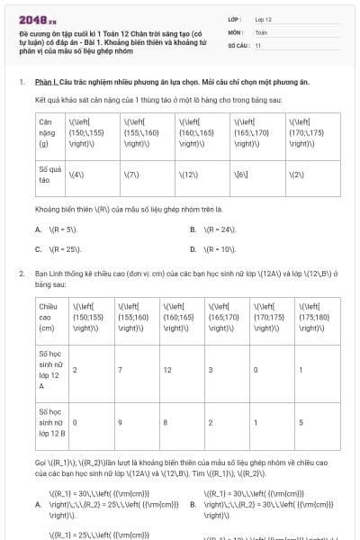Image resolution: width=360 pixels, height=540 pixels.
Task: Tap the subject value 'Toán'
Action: click(262, 31)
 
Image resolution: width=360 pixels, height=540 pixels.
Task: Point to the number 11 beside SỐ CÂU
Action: click(258, 44)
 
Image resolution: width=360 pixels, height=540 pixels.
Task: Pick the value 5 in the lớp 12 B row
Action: click(300, 421)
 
